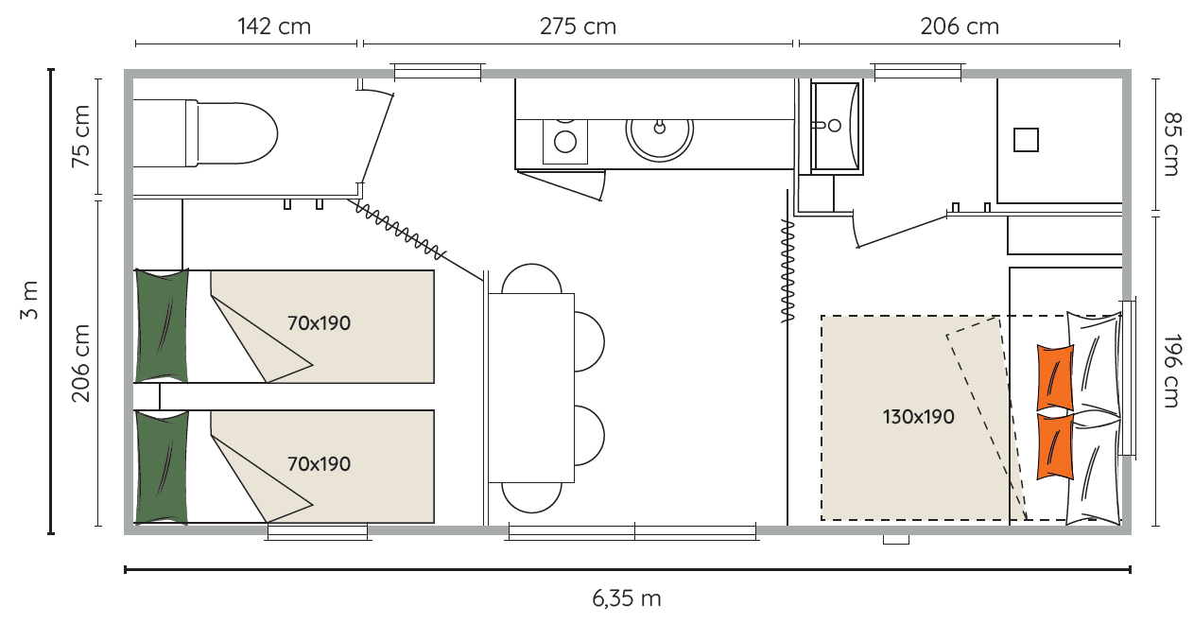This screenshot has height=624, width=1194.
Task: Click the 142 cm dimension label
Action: tap(274, 26)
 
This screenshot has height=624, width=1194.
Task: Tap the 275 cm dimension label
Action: tap(578, 26)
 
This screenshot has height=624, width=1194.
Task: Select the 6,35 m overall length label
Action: tap(627, 598)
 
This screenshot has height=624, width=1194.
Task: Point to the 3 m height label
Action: tap(30, 300)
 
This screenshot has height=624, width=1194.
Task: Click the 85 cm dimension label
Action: tap(1171, 144)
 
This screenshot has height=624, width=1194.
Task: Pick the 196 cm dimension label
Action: tap(1171, 371)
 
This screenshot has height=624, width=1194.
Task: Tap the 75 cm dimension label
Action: tap(81, 136)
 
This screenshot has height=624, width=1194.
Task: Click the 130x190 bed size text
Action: tap(918, 417)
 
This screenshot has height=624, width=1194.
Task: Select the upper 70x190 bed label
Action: tap(319, 323)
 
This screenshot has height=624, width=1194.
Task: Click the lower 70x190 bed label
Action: tap(319, 464)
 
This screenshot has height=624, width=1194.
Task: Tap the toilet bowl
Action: tap(232, 133)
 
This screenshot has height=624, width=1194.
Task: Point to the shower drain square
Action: tap(1026, 140)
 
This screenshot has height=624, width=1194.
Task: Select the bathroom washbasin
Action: tap(836, 126)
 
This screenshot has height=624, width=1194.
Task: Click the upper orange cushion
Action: tap(1055, 378)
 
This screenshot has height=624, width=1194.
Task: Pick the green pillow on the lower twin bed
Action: tap(162, 467)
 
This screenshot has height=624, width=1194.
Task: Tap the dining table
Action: tap(531, 388)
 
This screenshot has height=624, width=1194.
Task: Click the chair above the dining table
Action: tap(531, 279)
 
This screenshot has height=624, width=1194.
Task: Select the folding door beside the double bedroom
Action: tap(787, 271)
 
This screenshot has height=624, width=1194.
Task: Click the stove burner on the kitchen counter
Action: tap(565, 142)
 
